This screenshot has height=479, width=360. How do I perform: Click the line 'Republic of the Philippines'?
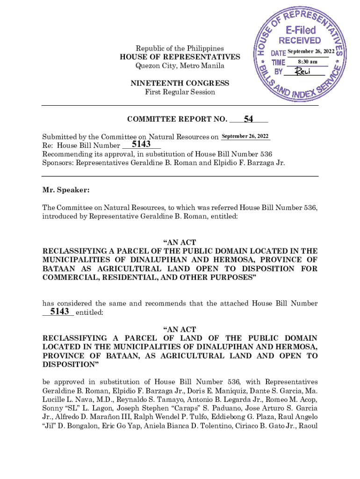180,49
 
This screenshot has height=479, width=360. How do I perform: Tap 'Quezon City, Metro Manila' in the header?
180,66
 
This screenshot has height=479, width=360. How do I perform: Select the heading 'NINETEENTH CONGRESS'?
180,83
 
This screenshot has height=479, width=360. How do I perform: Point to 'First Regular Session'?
180,92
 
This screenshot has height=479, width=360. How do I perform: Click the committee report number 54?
248,120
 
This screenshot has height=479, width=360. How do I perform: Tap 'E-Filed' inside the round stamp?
301,30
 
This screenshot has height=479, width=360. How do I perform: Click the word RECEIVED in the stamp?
300,41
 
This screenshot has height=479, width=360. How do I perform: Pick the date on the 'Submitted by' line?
245,136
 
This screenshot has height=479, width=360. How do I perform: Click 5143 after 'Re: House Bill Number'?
141,145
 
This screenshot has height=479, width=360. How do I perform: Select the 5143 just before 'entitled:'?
59,312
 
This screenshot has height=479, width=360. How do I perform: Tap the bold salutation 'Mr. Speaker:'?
66,191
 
